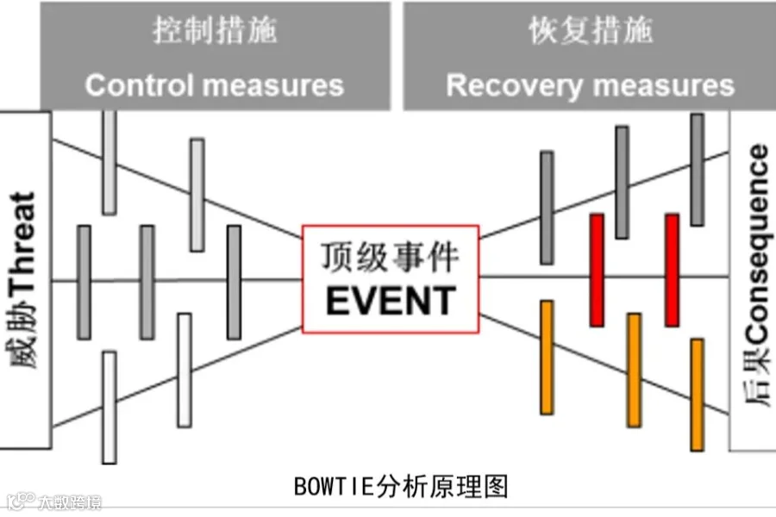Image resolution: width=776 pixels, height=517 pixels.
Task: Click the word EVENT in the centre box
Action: tap(391, 301)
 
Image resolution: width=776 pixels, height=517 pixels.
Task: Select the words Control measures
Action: tap(214, 85)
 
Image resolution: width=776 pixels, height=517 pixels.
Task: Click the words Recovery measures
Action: tap(591, 85)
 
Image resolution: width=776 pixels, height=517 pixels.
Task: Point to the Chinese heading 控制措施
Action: tap(215, 32)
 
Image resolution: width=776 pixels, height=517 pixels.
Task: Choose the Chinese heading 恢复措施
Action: tap(591, 32)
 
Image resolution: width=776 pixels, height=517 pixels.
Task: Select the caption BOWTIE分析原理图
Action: tap(401, 487)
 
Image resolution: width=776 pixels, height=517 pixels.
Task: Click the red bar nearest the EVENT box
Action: tap(596, 270)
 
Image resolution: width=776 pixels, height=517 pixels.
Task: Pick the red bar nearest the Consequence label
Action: tap(672, 270)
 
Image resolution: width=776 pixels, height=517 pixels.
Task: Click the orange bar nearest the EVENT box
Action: tap(547, 357)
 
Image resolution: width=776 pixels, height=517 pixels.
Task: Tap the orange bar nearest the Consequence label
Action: tap(697, 394)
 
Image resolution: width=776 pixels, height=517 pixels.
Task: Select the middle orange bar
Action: tap(634, 370)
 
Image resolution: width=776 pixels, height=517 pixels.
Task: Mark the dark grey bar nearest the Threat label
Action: tap(84, 282)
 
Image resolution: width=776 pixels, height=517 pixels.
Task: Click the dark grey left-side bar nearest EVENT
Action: tap(234, 282)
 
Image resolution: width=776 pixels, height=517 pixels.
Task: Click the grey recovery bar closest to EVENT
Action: tap(547, 207)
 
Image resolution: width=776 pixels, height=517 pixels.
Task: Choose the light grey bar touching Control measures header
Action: tap(109, 162)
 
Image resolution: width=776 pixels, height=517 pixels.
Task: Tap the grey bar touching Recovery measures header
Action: tap(697, 169)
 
